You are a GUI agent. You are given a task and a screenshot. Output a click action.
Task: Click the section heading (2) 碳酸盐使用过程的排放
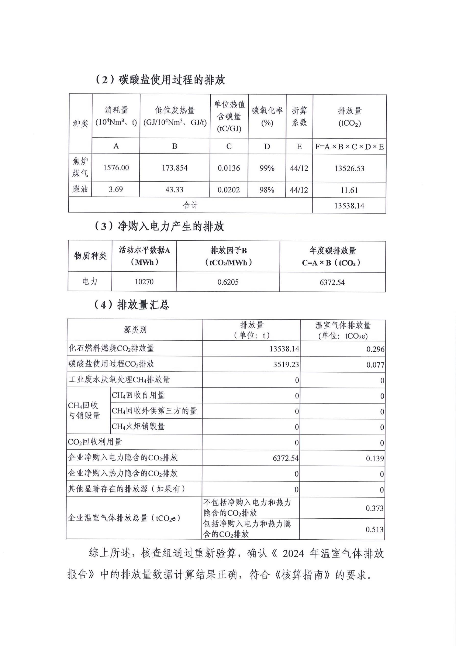click(160, 80)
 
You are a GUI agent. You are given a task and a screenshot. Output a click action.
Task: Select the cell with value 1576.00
click(116, 168)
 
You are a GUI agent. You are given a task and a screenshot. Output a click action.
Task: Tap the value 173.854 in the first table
click(174, 168)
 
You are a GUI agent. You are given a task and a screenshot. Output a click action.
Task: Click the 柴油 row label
click(80, 189)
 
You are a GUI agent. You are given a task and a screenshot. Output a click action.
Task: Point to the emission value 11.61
click(349, 190)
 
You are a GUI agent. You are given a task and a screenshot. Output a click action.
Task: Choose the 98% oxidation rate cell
click(267, 190)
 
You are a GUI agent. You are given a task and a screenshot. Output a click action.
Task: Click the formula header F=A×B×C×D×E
click(349, 147)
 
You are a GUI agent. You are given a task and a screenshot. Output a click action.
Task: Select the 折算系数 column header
click(299, 116)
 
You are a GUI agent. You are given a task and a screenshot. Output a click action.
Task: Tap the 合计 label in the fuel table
click(190, 205)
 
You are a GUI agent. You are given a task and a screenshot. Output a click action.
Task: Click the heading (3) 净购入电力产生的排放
click(159, 226)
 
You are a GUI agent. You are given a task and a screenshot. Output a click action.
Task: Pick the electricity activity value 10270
click(144, 282)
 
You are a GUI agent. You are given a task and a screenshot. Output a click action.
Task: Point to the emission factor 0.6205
click(228, 282)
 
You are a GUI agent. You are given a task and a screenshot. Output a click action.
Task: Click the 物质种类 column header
click(90, 256)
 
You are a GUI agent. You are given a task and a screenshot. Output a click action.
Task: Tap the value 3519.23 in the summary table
click(286, 364)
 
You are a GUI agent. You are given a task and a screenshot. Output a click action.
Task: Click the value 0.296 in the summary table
click(375, 349)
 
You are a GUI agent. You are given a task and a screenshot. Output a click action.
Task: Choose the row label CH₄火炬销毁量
click(138, 426)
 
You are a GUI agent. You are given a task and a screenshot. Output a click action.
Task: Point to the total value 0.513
click(375, 530)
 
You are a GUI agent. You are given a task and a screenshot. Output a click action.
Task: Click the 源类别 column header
click(135, 329)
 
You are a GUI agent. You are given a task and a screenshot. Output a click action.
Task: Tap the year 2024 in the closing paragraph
click(293, 553)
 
